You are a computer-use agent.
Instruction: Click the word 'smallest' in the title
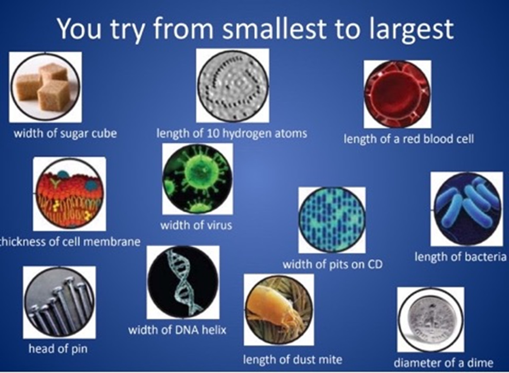273,28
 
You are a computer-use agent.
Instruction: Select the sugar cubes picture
45,87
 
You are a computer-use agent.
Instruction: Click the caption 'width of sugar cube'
65,133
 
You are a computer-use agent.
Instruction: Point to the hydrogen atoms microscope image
232,86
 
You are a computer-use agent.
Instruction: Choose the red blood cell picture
397,94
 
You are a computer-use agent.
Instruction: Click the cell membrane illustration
70,194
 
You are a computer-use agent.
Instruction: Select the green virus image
197,179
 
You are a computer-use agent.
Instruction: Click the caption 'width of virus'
196,225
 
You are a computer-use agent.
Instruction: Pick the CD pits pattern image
332,220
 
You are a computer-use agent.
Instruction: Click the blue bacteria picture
467,209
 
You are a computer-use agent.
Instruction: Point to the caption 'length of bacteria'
460,257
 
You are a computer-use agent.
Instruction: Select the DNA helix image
183,282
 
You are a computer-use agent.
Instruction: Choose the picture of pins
59,302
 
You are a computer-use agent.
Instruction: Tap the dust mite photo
279,310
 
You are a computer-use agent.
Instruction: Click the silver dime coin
431,319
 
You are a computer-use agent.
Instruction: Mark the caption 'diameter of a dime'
443,362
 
